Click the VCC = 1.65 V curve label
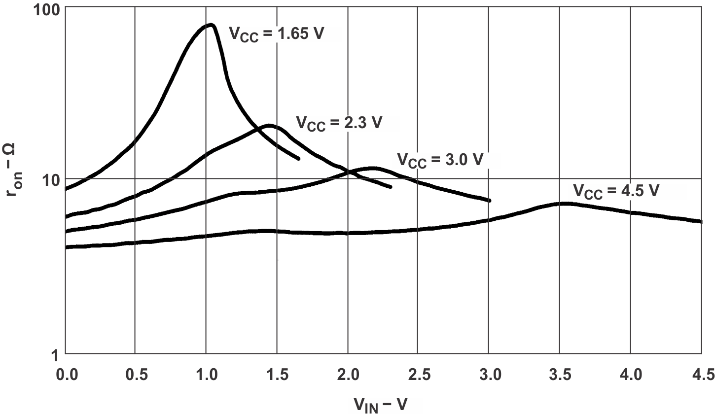pyautogui.click(x=276, y=35)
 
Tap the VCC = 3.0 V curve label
pyautogui.click(x=439, y=161)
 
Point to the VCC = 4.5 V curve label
pyautogui.click(x=615, y=191)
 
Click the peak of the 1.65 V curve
pyautogui.click(x=211, y=25)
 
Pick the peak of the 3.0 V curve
pyautogui.click(x=373, y=168)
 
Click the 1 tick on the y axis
pyautogui.click(x=56, y=353)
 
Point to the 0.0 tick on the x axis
pyautogui.click(x=66, y=376)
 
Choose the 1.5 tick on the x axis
pyautogui.click(x=277, y=376)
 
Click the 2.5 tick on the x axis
pyautogui.click(x=418, y=376)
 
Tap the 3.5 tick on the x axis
pyautogui.click(x=560, y=376)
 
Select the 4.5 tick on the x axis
pyautogui.click(x=700, y=376)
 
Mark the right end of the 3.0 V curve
pyautogui.click(x=490, y=200)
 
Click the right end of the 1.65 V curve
pyautogui.click(x=298, y=158)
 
